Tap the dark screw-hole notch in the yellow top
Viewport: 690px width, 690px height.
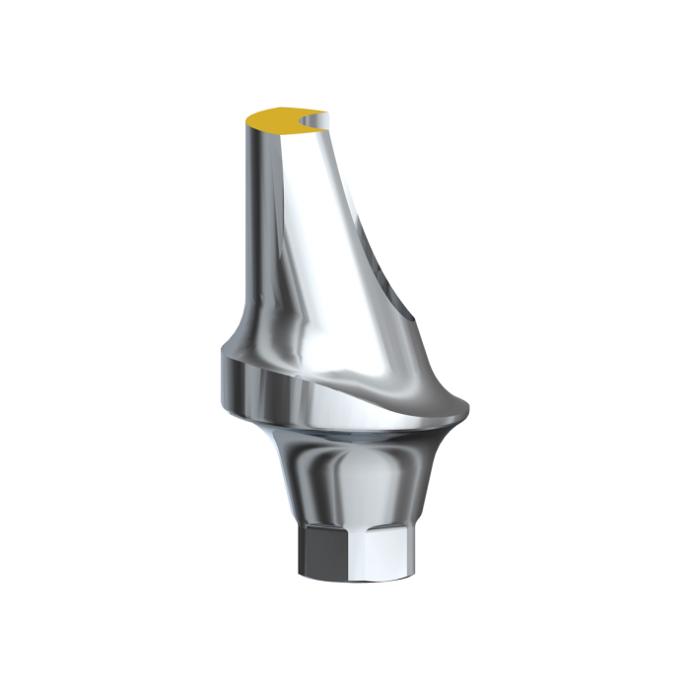[313, 123]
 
